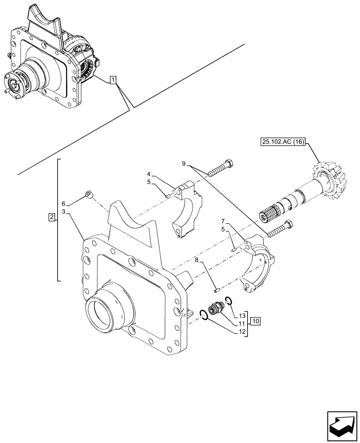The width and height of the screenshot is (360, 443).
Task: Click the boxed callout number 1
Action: click(x=113, y=80)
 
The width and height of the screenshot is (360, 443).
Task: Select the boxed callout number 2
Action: click(x=52, y=218)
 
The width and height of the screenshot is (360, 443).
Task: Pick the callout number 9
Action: click(x=184, y=164)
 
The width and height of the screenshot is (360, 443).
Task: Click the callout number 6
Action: click(x=63, y=203)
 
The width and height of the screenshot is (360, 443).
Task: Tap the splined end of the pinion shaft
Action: click(x=267, y=215)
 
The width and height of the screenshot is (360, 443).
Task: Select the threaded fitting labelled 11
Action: click(x=216, y=307)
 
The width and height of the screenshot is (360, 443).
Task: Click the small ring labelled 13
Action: click(x=228, y=301)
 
